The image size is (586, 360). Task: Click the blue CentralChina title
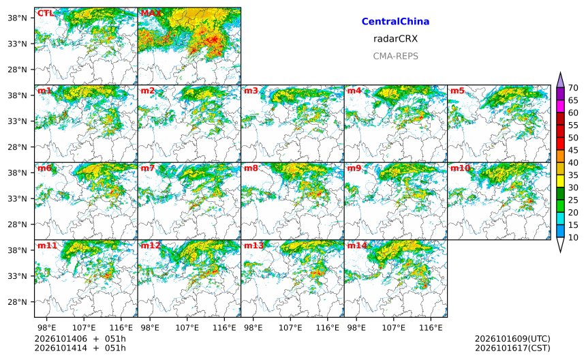coord(395,21)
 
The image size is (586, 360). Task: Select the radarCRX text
coord(395,38)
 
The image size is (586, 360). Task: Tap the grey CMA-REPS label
coord(395,56)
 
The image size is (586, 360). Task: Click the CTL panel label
coord(45,13)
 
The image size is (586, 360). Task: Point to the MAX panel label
coord(151,13)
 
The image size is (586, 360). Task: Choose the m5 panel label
coord(457,91)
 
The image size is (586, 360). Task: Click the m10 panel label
coord(460,168)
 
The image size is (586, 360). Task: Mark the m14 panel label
coord(357,245)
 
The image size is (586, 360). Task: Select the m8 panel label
coord(251,168)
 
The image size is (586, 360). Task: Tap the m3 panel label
coord(251,91)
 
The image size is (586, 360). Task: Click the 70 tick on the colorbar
coord(573,88)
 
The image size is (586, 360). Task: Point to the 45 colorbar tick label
coord(573,150)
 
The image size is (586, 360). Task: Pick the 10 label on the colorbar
coord(573,237)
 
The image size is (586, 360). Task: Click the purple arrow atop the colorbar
coord(560,80)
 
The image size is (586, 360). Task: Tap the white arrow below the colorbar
coord(560,245)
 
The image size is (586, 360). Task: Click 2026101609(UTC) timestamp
coord(512,339)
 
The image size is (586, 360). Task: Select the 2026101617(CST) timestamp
coord(512,348)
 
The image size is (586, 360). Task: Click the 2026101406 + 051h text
coord(80,339)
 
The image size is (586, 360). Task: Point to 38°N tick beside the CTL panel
coord(18,18)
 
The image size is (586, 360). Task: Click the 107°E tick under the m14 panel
coord(394,328)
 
